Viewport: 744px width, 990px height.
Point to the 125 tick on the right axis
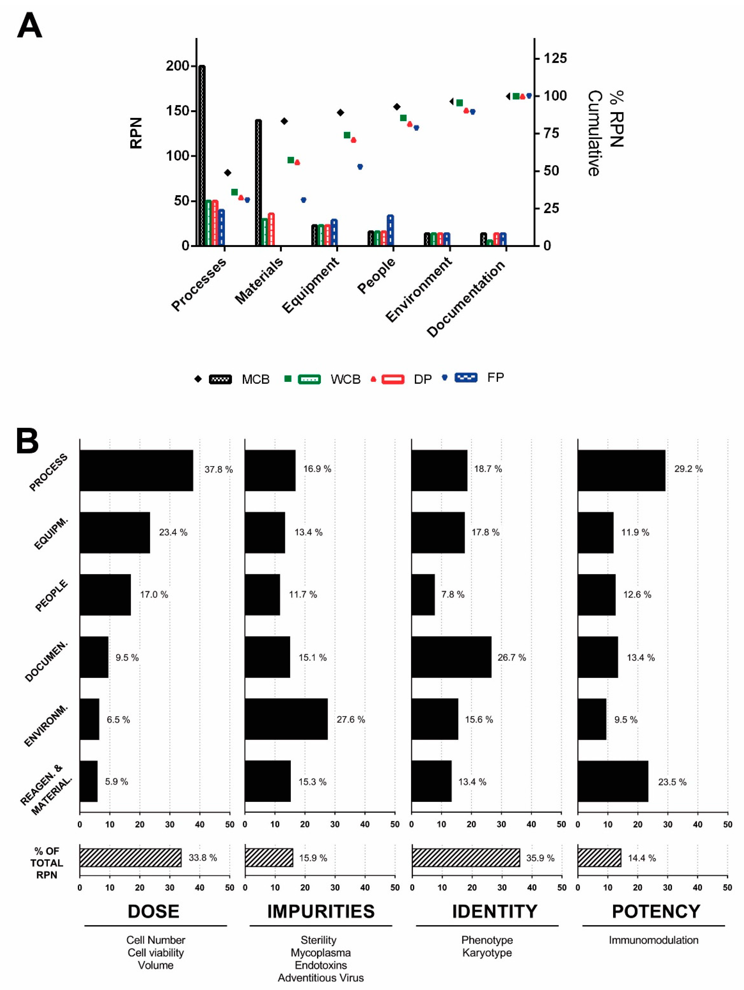pyautogui.click(x=555, y=58)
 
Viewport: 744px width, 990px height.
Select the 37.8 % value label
pyautogui.click(x=219, y=469)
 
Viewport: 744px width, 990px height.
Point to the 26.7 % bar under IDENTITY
pyautogui.click(x=451, y=657)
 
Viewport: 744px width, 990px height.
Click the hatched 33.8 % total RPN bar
pyautogui.click(x=130, y=858)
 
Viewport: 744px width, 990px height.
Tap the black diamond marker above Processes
pyautogui.click(x=227, y=173)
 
